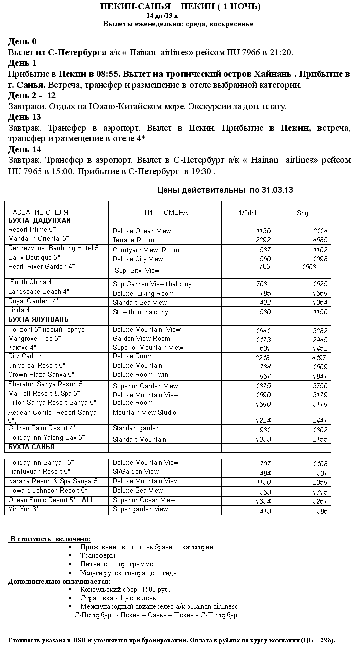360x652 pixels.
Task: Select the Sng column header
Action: pyautogui.click(x=302, y=213)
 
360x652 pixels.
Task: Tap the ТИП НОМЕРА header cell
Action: pyautogui.click(x=165, y=212)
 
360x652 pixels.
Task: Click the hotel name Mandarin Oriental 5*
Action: pyautogui.click(x=39, y=239)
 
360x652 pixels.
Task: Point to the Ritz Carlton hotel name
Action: pyautogui.click(x=26, y=356)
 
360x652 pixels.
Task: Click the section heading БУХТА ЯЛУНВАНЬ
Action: pyautogui.click(x=39, y=320)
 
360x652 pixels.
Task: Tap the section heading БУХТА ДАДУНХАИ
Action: pyautogui.click(x=40, y=221)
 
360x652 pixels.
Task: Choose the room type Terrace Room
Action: pyautogui.click(x=133, y=240)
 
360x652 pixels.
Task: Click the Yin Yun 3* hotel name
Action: pyautogui.click(x=24, y=509)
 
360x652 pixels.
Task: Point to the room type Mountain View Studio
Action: pyautogui.click(x=144, y=413)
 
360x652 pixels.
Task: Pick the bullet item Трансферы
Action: pyautogui.click(x=98, y=556)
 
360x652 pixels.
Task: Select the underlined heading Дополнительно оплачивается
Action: pyautogui.click(x=59, y=582)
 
